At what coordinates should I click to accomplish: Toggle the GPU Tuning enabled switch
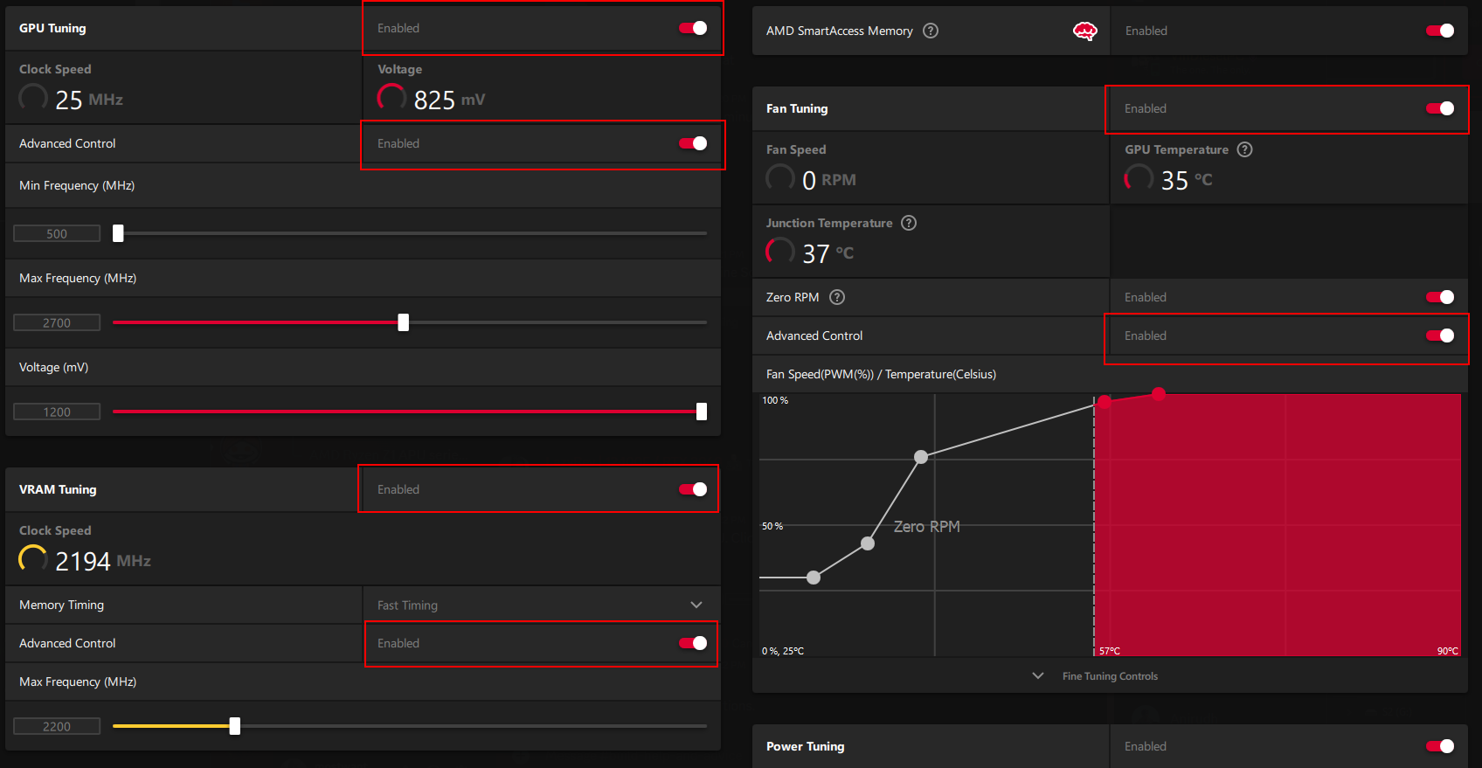[693, 28]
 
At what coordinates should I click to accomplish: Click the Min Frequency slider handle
[118, 233]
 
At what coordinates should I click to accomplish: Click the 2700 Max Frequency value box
[57, 322]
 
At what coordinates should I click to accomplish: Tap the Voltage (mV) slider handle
[701, 412]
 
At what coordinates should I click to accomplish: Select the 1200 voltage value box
[57, 412]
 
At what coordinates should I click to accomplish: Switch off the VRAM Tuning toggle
[693, 489]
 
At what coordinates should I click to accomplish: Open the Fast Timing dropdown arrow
[696, 605]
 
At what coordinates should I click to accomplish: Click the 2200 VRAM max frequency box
[57, 726]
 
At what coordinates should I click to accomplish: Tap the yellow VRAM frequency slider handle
[234, 726]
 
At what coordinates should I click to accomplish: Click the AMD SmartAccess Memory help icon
[931, 31]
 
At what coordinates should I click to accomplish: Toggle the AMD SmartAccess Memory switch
[1440, 31]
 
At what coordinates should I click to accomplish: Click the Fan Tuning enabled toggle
[1440, 108]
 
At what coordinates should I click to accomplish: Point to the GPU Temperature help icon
[1245, 149]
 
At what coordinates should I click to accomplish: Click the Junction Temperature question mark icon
[909, 223]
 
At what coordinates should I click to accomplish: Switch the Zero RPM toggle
[1440, 297]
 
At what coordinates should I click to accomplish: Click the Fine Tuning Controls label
[1110, 676]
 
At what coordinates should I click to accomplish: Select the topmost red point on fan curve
[1159, 394]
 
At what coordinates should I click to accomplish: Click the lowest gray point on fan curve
[814, 578]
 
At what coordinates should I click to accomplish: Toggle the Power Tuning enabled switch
[1440, 746]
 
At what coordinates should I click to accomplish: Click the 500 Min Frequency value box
[57, 233]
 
